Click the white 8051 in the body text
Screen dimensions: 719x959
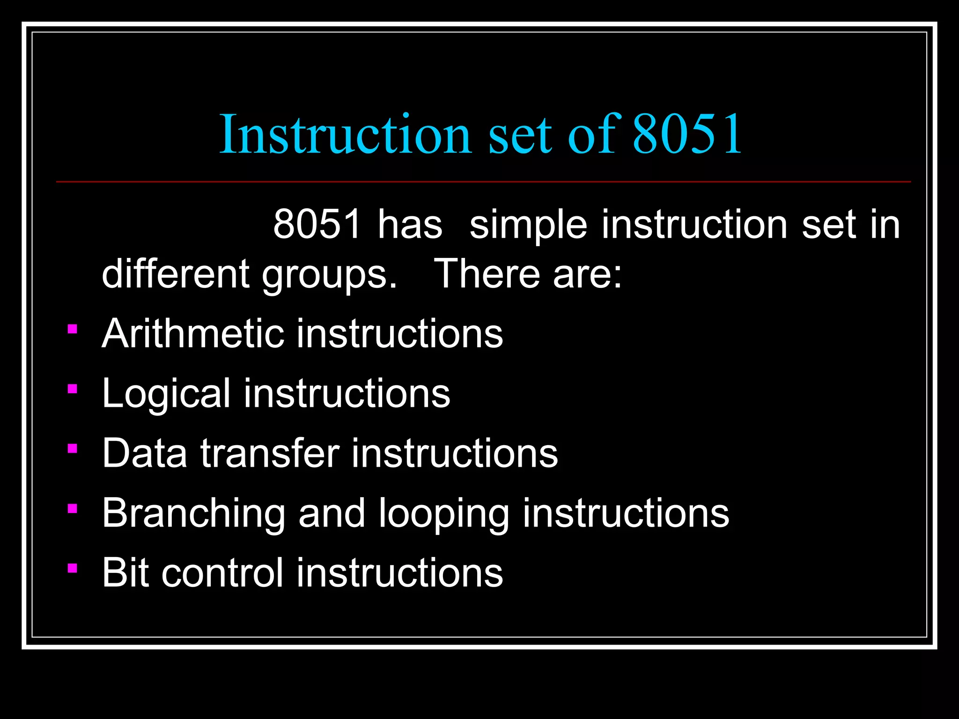(317, 224)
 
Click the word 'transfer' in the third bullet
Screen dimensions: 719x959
(270, 453)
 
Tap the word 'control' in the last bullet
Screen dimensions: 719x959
(222, 572)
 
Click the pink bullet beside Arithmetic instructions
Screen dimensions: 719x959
(72, 330)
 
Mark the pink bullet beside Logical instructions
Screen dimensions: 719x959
(72, 389)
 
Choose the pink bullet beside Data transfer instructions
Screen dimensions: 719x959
(72, 449)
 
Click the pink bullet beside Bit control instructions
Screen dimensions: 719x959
(72, 568)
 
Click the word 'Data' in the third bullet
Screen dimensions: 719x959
(144, 453)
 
